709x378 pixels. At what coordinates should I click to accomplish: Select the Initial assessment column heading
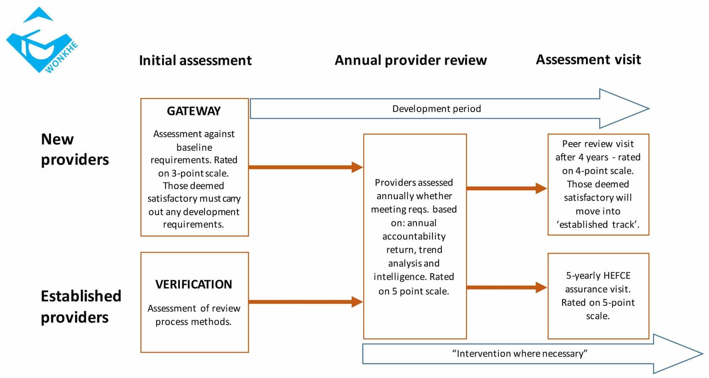click(195, 60)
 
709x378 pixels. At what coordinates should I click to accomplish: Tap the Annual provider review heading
click(411, 60)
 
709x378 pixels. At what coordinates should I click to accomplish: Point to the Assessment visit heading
click(588, 59)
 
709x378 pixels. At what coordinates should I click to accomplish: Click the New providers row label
click(74, 149)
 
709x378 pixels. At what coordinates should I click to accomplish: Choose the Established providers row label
click(81, 306)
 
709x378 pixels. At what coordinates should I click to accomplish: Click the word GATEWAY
click(194, 111)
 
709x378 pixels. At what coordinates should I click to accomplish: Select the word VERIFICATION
click(194, 284)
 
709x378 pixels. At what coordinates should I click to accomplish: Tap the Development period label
click(436, 109)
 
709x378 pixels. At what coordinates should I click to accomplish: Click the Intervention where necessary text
click(520, 354)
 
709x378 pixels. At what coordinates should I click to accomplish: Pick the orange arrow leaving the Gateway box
click(305, 167)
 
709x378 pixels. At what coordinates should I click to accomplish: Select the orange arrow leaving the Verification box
click(305, 302)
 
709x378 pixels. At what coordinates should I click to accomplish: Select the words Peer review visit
click(598, 144)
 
